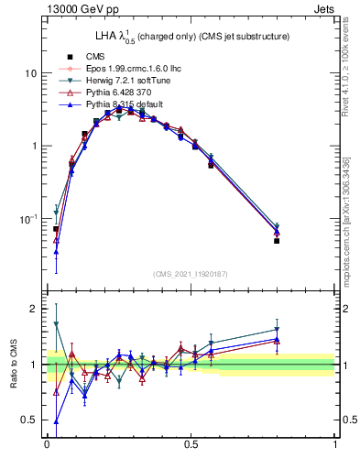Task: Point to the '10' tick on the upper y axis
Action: pyautogui.click(x=30, y=73)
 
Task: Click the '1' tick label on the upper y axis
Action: pyautogui.click(x=34, y=147)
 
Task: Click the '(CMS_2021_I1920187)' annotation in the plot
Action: pyautogui.click(x=191, y=273)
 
